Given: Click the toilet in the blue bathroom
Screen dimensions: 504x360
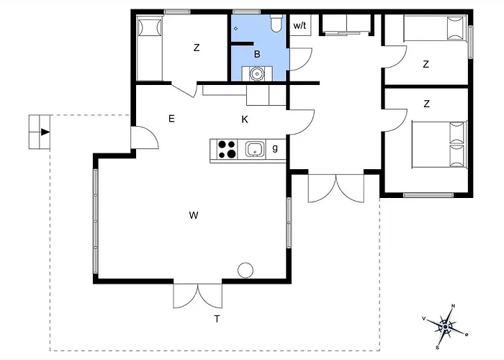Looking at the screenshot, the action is (276, 23).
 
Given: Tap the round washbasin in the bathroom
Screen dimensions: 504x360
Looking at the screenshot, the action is (257, 73).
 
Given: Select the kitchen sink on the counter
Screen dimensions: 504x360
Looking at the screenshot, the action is (255, 149).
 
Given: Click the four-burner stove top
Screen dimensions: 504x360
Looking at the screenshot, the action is (227, 149).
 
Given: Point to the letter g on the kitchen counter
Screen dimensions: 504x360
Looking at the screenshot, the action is (275, 148).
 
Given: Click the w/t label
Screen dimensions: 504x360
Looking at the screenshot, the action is (300, 25).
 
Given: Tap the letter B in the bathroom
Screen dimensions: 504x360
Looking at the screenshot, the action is (257, 54).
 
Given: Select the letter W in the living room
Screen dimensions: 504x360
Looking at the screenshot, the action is (194, 215).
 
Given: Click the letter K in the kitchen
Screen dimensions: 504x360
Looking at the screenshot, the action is (245, 120).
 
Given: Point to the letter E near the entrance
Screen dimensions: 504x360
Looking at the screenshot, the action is (171, 119).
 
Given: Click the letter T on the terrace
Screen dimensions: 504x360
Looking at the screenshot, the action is (217, 319).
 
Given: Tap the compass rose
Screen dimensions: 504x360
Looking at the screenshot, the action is (445, 327).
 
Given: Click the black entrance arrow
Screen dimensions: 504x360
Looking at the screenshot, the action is (45, 132).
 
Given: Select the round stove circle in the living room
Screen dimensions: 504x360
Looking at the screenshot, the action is (246, 270).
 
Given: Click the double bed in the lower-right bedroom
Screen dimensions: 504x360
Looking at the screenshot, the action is (439, 144).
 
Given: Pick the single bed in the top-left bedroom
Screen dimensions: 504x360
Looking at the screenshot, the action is (150, 48).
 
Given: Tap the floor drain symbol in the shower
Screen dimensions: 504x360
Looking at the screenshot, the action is (235, 29).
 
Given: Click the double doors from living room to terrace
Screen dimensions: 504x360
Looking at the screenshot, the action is (198, 296).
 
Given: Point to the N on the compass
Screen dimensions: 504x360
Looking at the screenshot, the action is (454, 306).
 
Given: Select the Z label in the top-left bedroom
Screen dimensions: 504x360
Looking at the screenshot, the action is (197, 48).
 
